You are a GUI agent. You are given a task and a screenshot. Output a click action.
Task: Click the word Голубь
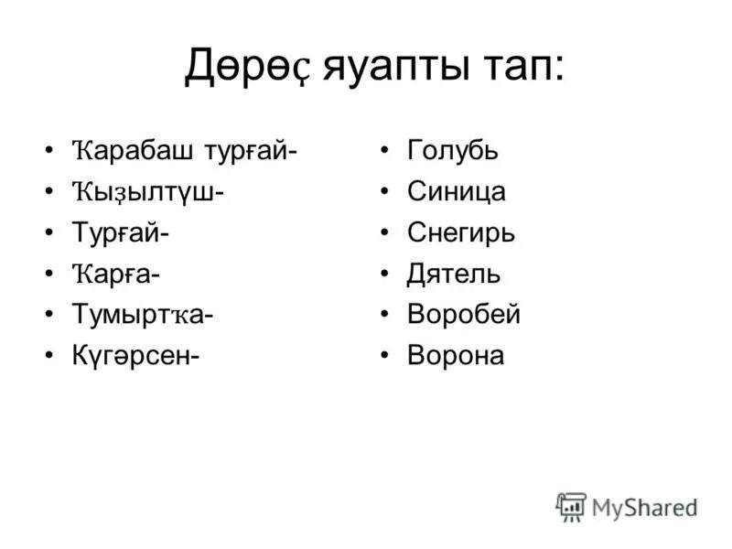coord(452,151)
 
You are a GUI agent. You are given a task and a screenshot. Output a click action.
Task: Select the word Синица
coord(456,192)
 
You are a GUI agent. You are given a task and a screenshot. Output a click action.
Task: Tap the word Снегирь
coord(460,233)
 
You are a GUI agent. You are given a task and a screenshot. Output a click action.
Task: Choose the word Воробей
coord(463,315)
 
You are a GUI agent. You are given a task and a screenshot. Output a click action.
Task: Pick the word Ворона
coord(455,356)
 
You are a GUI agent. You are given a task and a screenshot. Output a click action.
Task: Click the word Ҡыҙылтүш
coord(146,193)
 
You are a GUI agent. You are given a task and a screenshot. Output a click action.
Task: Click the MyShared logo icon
coord(571,506)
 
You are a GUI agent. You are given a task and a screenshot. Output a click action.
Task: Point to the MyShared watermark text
coord(644,507)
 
